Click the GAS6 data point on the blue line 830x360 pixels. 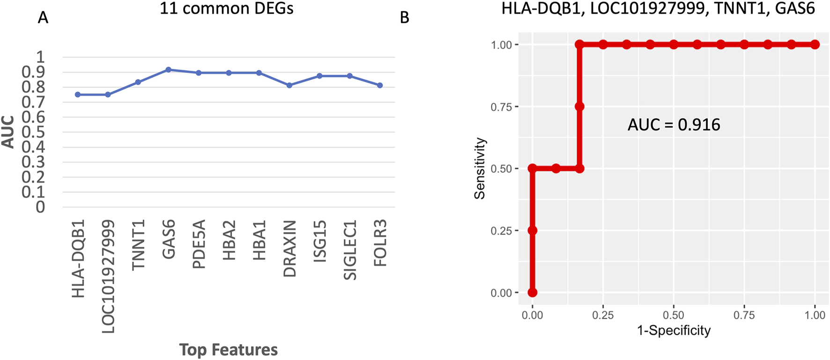point(169,70)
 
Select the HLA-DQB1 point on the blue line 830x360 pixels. point(78,95)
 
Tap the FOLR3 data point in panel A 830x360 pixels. point(380,85)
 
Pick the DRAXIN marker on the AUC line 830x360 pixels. point(289,85)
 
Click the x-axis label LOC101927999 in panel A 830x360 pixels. point(108,276)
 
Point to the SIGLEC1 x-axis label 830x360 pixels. point(350,250)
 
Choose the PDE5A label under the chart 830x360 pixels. point(199,244)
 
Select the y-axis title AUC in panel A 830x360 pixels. point(8,132)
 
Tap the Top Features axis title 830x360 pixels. point(228,350)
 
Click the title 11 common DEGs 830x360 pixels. point(227,8)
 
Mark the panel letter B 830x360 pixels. point(405,18)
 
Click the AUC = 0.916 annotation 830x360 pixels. point(674,125)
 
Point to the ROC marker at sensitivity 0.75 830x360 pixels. point(579,107)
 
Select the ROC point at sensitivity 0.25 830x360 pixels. point(532,231)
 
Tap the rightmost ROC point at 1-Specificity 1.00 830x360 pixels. point(815,44)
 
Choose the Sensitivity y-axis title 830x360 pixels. point(480,169)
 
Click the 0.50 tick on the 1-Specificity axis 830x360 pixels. point(674,315)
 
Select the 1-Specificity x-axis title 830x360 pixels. point(674,331)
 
